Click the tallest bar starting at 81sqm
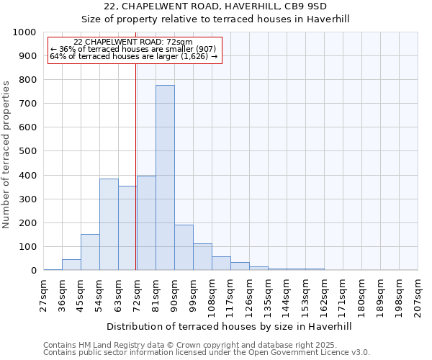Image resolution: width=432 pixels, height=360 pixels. (165, 178)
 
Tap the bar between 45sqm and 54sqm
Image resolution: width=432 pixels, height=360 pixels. (90, 252)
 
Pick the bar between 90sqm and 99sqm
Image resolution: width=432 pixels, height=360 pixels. (184, 248)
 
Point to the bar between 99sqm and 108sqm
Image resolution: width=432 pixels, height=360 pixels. (202, 257)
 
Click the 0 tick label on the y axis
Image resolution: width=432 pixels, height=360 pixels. (33, 271)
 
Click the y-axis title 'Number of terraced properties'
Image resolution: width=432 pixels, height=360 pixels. (6, 155)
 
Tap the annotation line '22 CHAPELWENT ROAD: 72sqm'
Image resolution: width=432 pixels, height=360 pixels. (133, 42)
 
